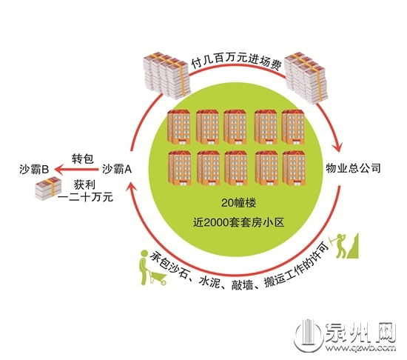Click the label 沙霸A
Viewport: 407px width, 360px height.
(117, 169)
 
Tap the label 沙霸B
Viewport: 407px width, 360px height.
(34, 170)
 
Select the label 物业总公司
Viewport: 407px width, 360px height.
(353, 168)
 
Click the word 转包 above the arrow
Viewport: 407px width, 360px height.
(83, 159)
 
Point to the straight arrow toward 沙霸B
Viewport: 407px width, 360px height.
(76, 170)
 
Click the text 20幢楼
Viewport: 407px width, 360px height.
(238, 203)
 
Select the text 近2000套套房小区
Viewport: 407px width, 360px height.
(238, 223)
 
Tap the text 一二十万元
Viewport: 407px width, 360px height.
(85, 197)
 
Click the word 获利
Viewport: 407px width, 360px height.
(84, 184)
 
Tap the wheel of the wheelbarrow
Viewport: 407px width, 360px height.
(163, 282)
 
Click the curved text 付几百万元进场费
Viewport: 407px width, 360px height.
(237, 61)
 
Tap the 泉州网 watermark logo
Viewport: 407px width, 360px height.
(346, 335)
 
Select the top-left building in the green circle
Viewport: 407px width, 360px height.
(179, 127)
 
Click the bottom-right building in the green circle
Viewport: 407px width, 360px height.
(294, 168)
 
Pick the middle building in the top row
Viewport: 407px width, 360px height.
(235, 127)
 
